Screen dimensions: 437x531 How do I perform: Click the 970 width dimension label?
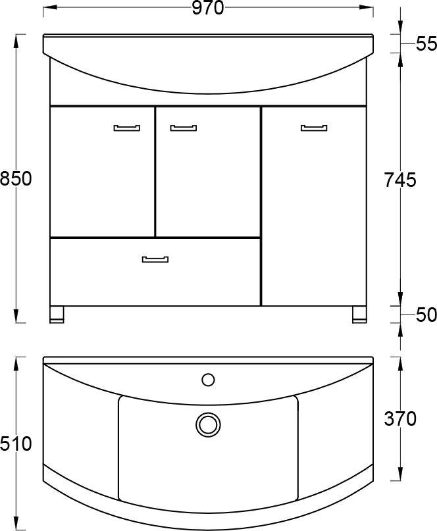click(x=208, y=8)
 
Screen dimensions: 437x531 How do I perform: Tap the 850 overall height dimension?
click(x=16, y=179)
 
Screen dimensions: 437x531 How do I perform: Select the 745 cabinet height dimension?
click(x=400, y=180)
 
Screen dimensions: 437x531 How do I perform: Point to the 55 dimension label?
click(x=426, y=43)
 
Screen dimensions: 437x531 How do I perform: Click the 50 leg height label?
click(x=426, y=315)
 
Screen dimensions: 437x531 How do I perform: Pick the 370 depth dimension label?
click(x=400, y=418)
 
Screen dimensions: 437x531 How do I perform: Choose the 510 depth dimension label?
click(x=16, y=443)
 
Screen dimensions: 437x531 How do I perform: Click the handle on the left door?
click(x=127, y=128)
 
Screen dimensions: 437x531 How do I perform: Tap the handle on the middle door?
click(x=183, y=128)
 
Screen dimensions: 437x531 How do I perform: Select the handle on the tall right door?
click(x=314, y=128)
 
